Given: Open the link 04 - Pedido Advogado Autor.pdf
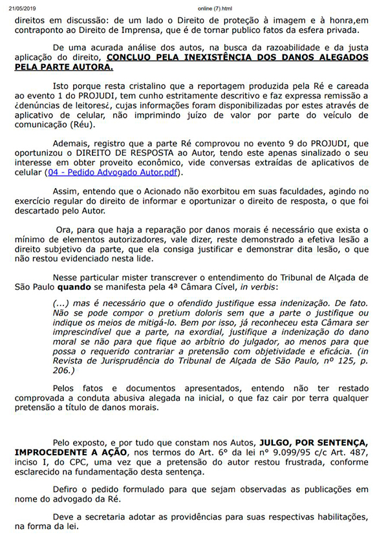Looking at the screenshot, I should pos(115,173).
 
